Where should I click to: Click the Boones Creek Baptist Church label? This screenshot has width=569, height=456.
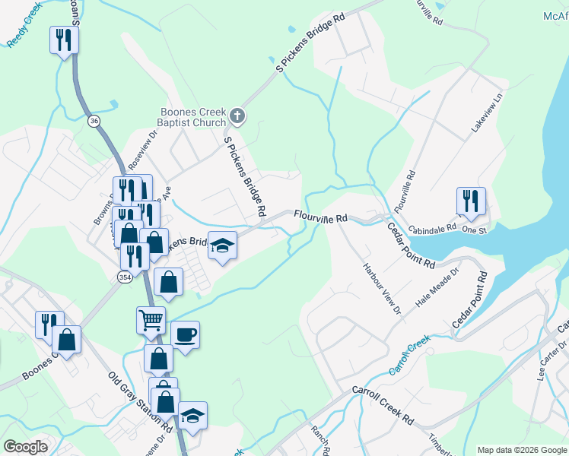pos(192,116)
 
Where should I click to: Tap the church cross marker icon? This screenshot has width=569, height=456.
pos(237,116)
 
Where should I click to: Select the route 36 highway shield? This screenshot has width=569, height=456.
pos(94,122)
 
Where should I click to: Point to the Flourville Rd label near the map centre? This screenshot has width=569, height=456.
pos(321,218)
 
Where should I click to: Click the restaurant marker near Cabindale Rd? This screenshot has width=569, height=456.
pos(471,201)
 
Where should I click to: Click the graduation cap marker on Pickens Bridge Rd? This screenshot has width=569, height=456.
pos(223,245)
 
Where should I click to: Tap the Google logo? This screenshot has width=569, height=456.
pos(26,446)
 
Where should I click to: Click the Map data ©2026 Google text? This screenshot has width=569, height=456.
pos(522,450)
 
